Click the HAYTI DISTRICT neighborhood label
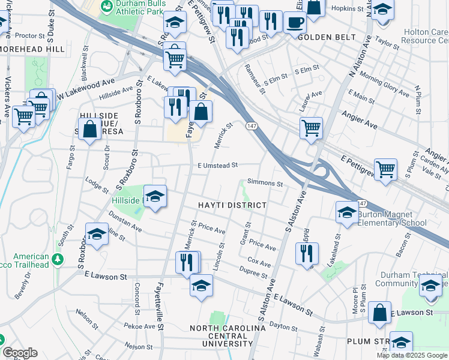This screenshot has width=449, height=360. pyautogui.click(x=232, y=205)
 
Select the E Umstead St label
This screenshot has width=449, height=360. pyautogui.click(x=218, y=165)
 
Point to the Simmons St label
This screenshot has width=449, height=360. pyautogui.click(x=265, y=182)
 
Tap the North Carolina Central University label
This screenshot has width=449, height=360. pyautogui.click(x=228, y=336)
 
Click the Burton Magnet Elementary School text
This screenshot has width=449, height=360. pyautogui.click(x=393, y=218)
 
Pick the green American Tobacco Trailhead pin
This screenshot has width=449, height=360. pyautogui.click(x=58, y=260)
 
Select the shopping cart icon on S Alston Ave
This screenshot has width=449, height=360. pyautogui.click(x=311, y=127)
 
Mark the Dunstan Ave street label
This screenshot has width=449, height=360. pyautogui.click(x=125, y=224)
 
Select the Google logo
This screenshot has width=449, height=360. pyautogui.click(x=20, y=353)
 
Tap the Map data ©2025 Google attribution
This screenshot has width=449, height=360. pyautogui.click(x=412, y=355)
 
